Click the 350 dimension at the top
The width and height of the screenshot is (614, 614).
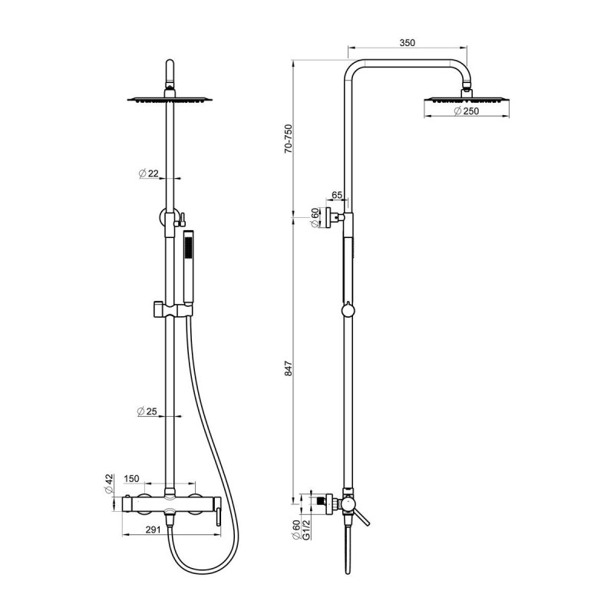(x=408, y=42)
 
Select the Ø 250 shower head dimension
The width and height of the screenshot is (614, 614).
(x=466, y=111)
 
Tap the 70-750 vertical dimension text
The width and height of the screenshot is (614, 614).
(x=289, y=139)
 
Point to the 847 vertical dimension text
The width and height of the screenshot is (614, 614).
(x=289, y=368)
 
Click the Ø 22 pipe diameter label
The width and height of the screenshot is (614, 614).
(x=149, y=173)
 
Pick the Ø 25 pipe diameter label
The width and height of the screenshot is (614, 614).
(x=147, y=411)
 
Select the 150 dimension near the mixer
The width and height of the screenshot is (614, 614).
(x=131, y=478)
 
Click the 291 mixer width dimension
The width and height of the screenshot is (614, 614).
(x=153, y=530)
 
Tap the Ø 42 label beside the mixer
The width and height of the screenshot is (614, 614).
(x=109, y=484)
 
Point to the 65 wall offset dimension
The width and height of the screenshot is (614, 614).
(x=337, y=195)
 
